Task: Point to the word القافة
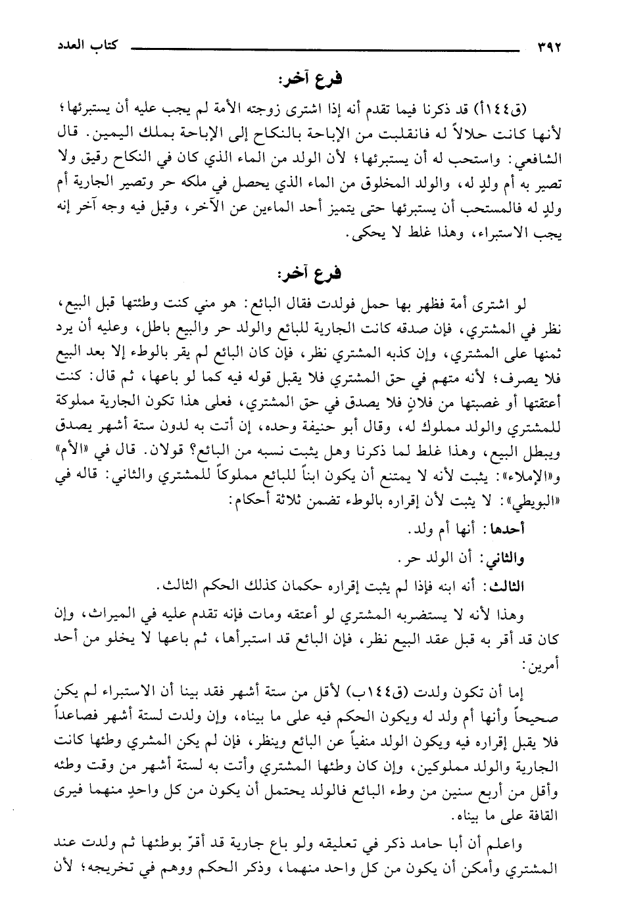pos(538,811)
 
